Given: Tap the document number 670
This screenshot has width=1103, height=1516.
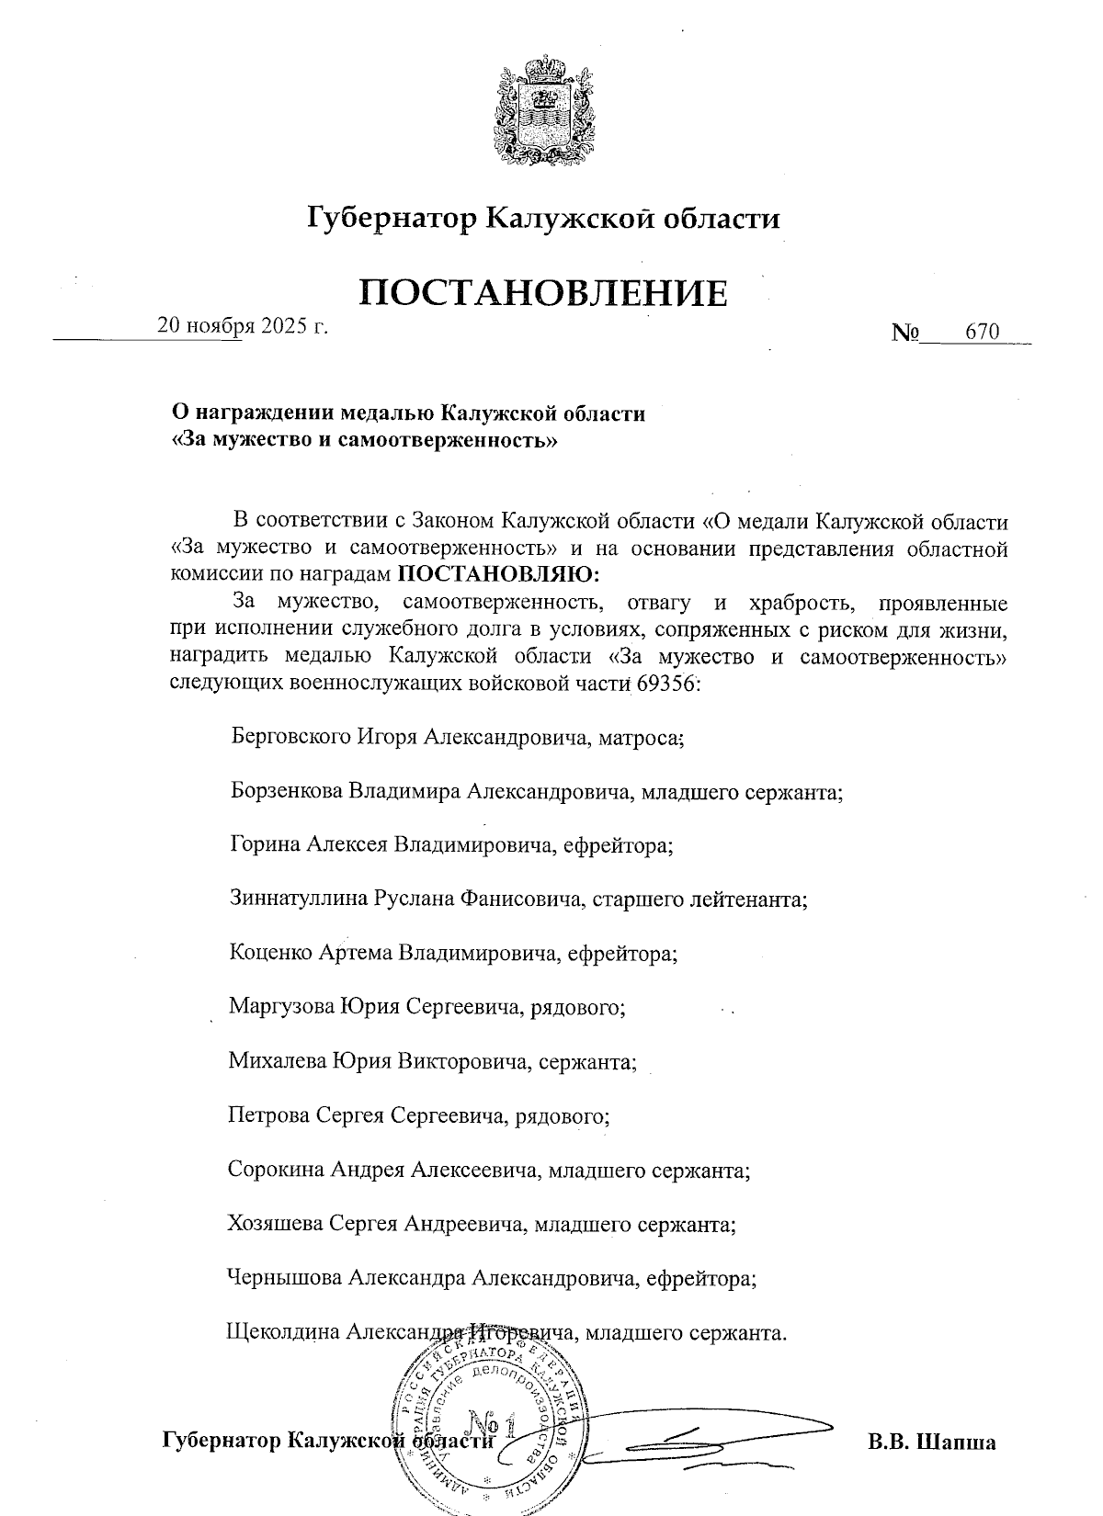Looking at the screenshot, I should click(982, 332).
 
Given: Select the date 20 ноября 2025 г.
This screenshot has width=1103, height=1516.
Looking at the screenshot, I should click(243, 325).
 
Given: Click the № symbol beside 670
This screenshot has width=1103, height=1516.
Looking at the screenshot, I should click(904, 333).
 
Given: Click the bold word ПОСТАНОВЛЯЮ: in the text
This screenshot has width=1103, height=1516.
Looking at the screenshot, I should click(499, 576).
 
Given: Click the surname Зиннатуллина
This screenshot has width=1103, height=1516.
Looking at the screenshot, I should click(299, 899).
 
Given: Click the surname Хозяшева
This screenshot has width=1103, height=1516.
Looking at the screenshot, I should click(276, 1224).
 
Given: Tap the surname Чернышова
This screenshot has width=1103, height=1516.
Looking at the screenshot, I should click(284, 1277).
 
